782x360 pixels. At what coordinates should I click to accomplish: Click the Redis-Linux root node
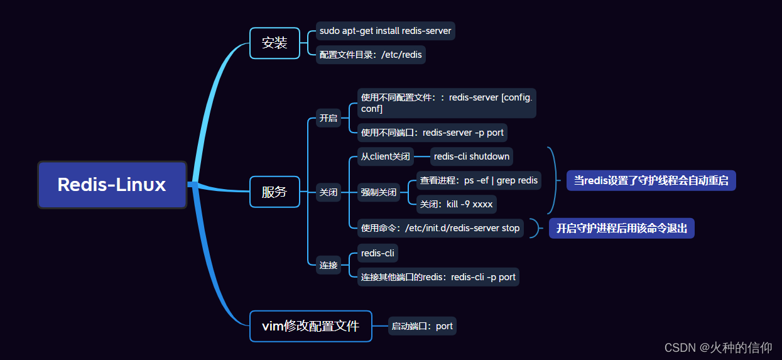(x=112, y=185)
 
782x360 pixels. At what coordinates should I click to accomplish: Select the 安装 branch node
(x=274, y=43)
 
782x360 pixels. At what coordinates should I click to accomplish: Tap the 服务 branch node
(x=274, y=192)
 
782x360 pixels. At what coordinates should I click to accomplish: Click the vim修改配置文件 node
(x=310, y=326)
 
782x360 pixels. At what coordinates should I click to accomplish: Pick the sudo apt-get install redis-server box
(x=385, y=31)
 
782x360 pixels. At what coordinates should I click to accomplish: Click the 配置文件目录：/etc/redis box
(x=371, y=55)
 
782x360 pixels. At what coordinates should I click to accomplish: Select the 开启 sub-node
(x=329, y=118)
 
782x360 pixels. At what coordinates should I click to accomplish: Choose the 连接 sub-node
(x=329, y=265)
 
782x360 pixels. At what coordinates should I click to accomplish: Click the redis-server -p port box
(x=432, y=133)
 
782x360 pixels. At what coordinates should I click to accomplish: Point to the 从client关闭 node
(x=385, y=156)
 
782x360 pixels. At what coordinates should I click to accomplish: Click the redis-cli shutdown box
(x=472, y=156)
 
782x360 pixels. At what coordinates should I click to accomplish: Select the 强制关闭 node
(x=379, y=192)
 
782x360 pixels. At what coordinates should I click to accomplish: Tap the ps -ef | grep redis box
(x=479, y=180)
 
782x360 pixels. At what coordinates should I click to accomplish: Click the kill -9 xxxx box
(x=456, y=205)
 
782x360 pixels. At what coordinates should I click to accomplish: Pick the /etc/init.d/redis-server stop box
(x=440, y=228)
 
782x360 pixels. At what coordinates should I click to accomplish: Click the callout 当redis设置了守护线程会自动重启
(x=651, y=180)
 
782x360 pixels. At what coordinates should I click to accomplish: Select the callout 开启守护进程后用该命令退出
(x=621, y=228)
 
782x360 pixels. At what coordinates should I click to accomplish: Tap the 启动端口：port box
(x=422, y=326)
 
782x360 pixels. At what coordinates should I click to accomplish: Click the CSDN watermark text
(x=718, y=347)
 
